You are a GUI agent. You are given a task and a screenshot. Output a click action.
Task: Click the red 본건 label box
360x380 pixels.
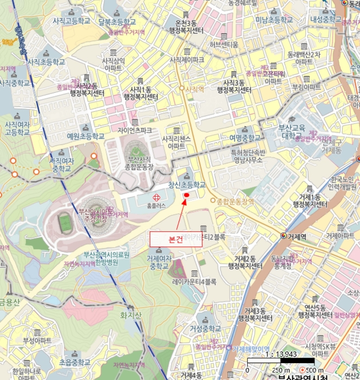tap(175, 239)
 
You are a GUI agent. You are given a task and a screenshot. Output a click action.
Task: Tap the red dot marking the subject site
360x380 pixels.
tap(186, 195)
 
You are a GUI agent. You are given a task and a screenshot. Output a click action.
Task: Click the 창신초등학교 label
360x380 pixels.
tap(187, 185)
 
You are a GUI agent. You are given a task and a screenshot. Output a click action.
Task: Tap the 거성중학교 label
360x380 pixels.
tap(205, 328)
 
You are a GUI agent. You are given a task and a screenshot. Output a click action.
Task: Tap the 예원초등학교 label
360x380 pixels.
tap(85, 136)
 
